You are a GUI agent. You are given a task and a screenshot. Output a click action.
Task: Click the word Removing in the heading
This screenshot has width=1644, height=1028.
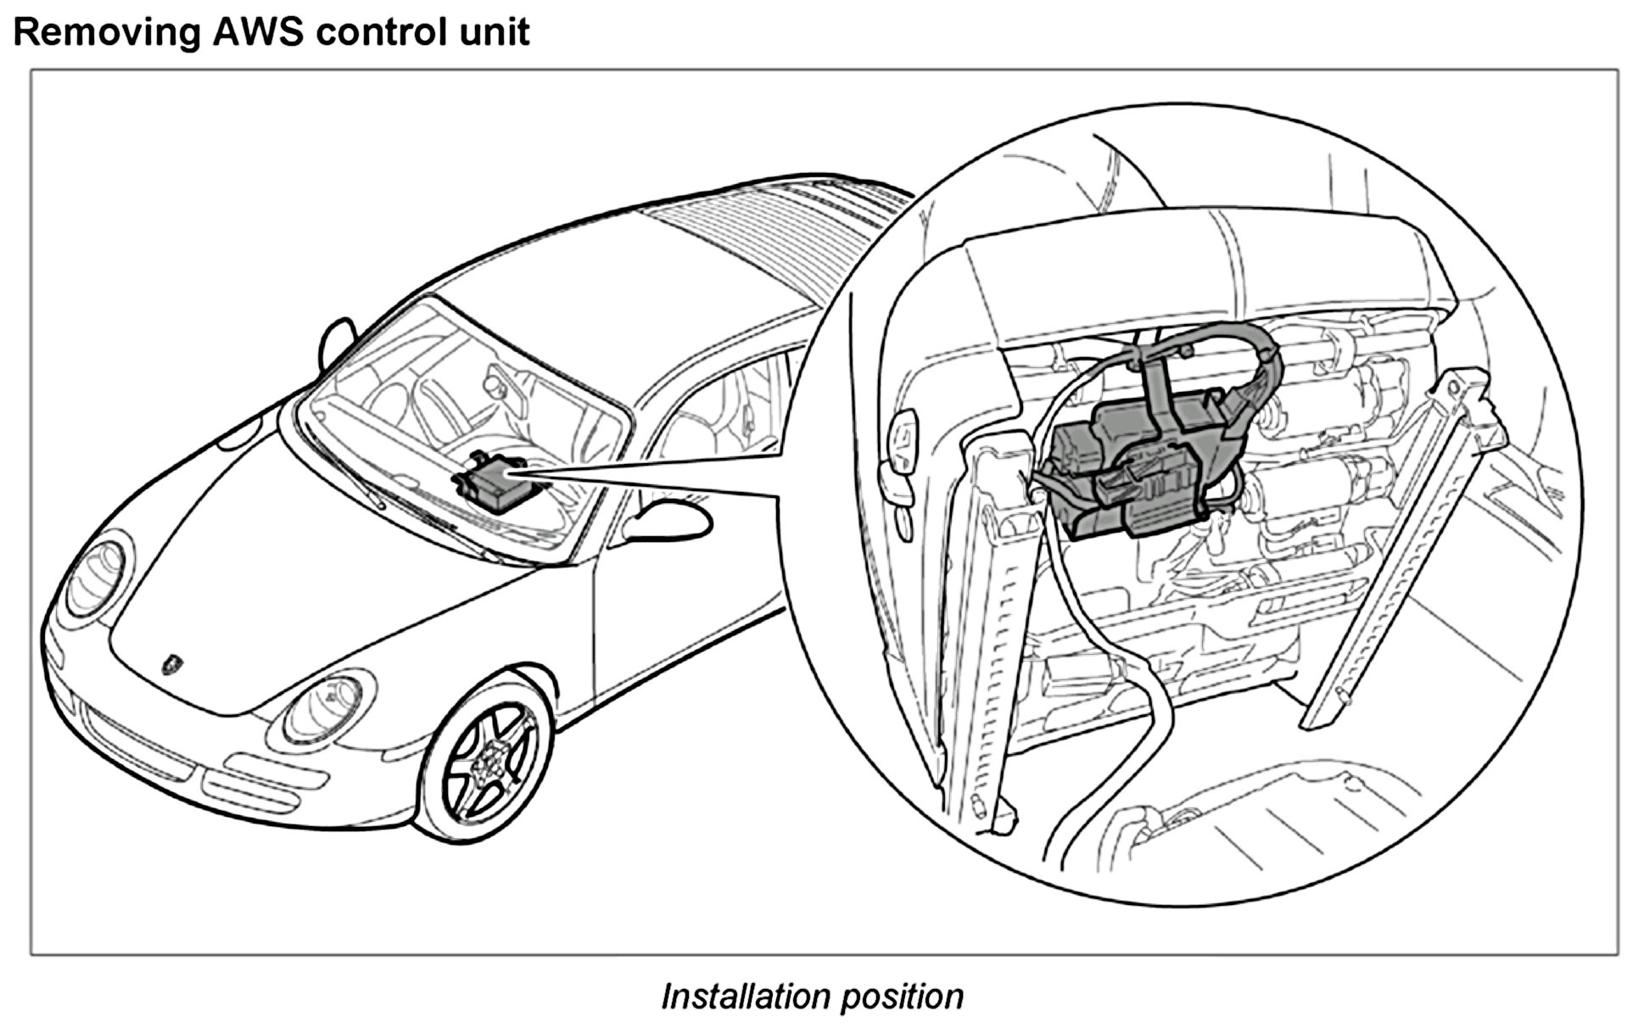point(106,32)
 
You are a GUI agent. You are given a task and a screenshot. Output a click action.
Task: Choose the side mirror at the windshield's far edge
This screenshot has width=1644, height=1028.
point(336,339)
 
